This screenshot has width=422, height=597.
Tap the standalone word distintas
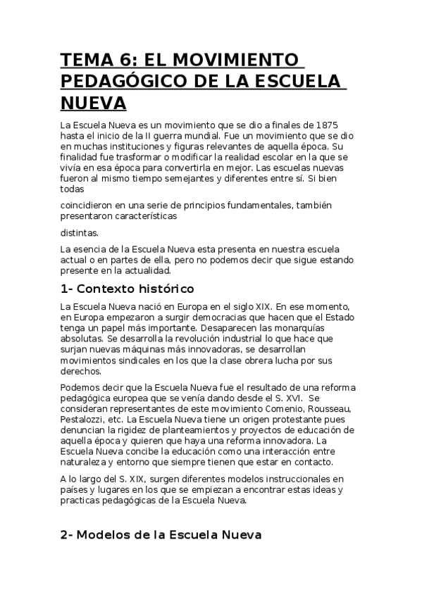[x=80, y=232]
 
